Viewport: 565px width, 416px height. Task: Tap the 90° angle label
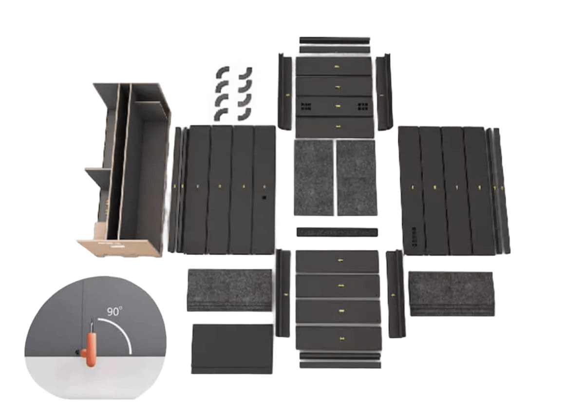click(114, 312)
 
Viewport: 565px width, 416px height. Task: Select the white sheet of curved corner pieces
click(232, 93)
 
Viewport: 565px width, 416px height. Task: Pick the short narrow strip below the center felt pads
click(337, 231)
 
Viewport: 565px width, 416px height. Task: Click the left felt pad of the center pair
click(313, 178)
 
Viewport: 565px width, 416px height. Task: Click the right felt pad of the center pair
click(357, 178)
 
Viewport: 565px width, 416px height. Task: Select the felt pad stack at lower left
click(229, 289)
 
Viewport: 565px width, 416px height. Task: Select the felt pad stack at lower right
click(452, 293)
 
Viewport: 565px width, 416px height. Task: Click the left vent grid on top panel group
click(306, 106)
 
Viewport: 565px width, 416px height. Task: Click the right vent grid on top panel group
click(363, 106)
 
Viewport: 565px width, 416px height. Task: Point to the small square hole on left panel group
click(264, 198)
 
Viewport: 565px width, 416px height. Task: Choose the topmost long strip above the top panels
click(335, 39)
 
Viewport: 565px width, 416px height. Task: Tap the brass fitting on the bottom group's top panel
click(339, 260)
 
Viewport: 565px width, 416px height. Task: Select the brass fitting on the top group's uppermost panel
click(336, 66)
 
